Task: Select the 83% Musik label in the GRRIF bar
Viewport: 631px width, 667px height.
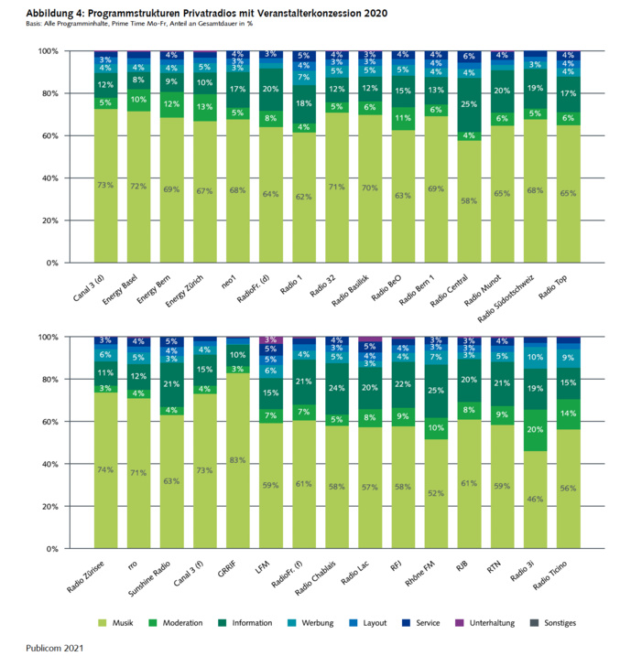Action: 238,460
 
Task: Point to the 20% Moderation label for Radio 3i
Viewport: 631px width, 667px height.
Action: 536,428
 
